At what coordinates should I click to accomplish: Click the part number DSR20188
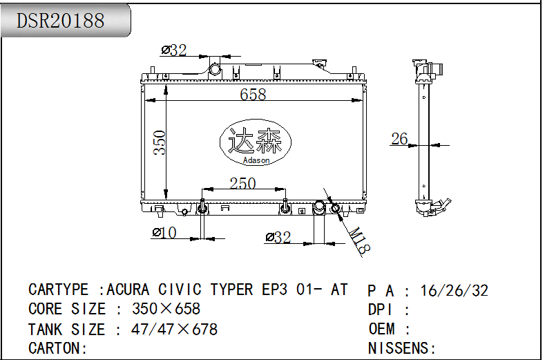coord(61,21)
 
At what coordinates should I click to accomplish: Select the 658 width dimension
coord(253,94)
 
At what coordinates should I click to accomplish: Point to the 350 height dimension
coord(160,142)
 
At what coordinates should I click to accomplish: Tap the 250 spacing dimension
coord(243,183)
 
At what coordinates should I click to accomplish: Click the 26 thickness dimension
coord(399,139)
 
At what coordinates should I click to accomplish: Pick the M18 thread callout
coord(359,240)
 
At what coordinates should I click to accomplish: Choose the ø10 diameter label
coord(164,233)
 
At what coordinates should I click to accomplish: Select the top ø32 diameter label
coord(174,50)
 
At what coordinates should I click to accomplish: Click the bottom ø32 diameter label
coord(278,237)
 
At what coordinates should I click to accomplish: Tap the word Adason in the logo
coord(256,160)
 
